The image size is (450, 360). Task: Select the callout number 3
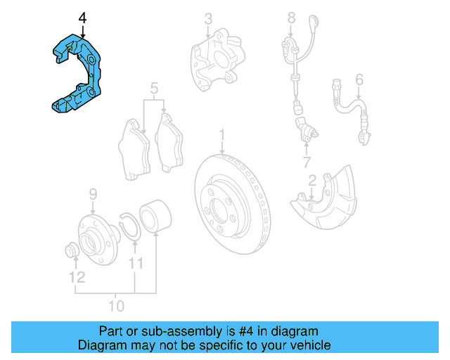(x=208, y=18)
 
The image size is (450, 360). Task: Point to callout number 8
(x=292, y=15)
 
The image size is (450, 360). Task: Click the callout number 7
(x=307, y=163)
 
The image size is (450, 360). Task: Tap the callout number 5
(x=154, y=89)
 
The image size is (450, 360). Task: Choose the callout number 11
(x=135, y=264)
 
